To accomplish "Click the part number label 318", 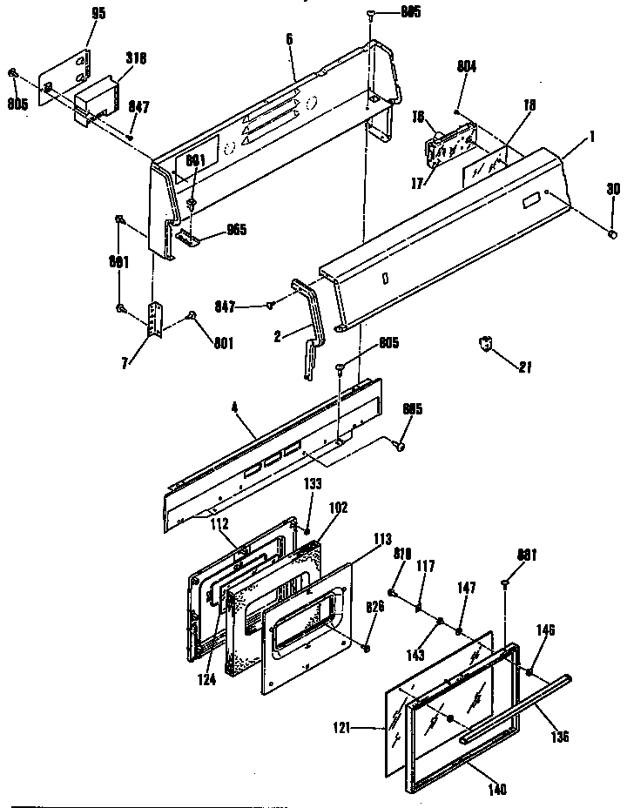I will point(136,58).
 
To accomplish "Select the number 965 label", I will point(236,230).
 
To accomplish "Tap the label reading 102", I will point(338,508).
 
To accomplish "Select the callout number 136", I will point(559,736).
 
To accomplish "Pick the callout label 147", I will point(467,589).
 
